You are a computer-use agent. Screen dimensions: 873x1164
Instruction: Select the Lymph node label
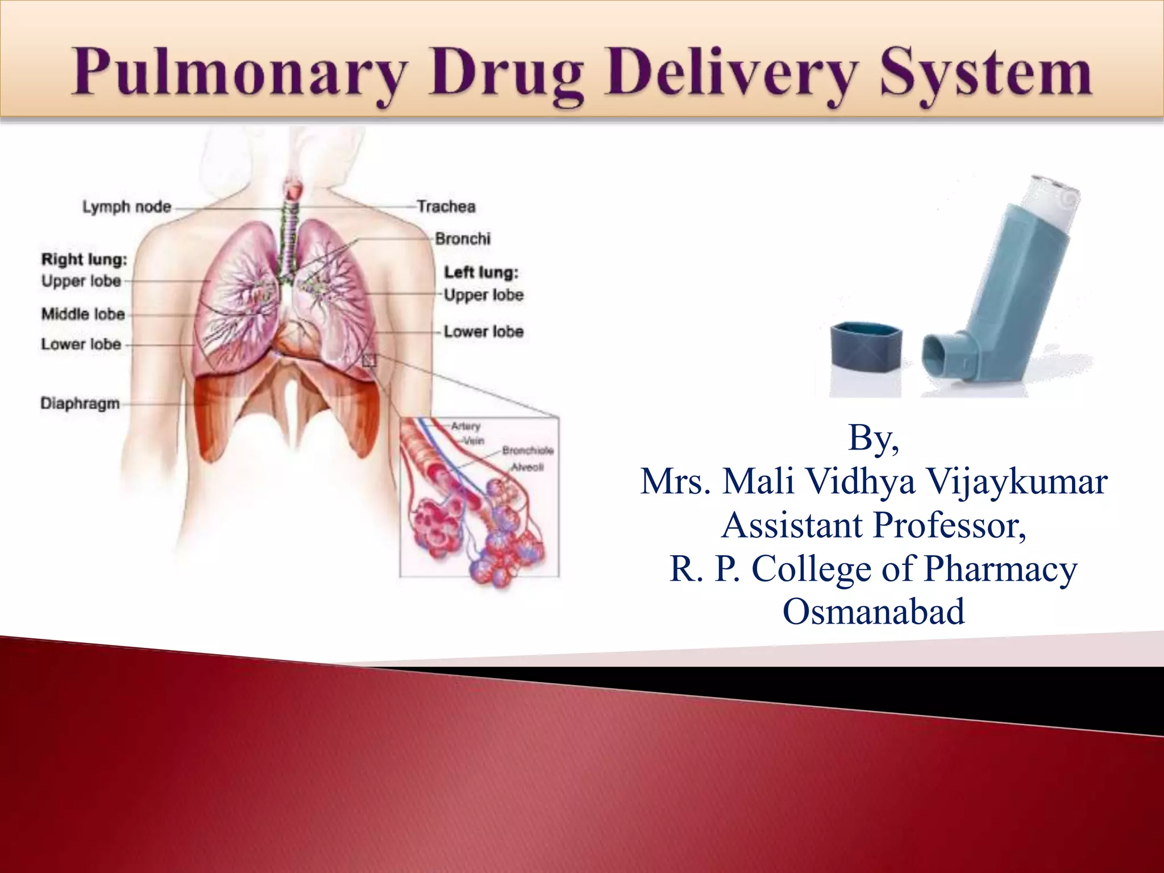[127, 207]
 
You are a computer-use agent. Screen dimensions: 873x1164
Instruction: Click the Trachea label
[446, 206]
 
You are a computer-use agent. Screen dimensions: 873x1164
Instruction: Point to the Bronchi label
[463, 239]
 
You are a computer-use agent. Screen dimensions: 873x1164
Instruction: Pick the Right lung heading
[84, 260]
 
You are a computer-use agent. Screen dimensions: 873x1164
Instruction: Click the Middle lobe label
[83, 314]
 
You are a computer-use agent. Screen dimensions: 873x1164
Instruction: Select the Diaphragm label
[80, 404]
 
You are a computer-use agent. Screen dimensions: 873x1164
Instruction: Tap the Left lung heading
[481, 273]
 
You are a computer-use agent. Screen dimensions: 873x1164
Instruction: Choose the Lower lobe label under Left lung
[483, 331]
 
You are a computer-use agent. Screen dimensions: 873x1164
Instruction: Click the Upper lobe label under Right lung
[81, 281]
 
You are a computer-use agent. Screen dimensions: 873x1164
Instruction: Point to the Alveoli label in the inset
[527, 467]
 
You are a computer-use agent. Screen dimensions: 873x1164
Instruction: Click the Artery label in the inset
[466, 426]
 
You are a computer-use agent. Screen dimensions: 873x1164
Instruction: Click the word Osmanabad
[874, 612]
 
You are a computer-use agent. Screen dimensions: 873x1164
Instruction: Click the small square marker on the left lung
[369, 360]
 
